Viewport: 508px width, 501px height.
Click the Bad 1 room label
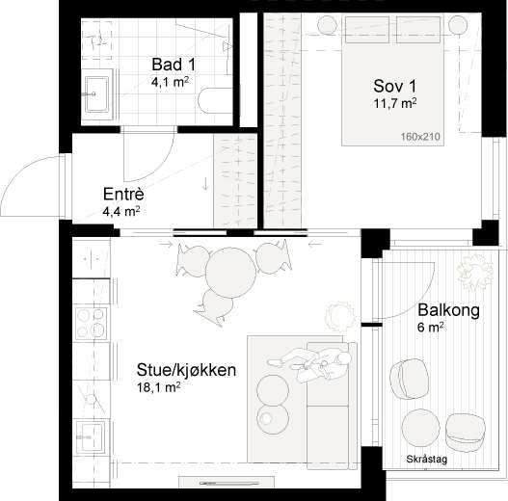(174, 65)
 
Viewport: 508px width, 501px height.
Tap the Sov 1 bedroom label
(394, 86)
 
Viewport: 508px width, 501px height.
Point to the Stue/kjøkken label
(186, 370)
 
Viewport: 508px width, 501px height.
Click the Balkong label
(448, 310)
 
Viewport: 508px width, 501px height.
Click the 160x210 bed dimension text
(420, 137)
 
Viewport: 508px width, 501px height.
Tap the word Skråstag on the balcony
(427, 459)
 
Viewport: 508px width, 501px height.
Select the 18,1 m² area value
(159, 387)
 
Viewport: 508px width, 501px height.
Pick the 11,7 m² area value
(395, 103)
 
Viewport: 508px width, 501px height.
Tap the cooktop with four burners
(91, 323)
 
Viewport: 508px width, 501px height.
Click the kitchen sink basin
(91, 435)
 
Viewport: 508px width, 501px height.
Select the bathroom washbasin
(96, 94)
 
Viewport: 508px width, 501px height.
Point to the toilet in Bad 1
(96, 40)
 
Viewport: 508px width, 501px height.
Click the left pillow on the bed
(367, 30)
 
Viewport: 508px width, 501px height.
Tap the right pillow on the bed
(418, 30)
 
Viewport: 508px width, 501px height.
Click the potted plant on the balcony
(475, 272)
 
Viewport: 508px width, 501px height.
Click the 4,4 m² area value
(121, 211)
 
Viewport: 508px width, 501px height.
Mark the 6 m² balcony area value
(431, 327)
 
